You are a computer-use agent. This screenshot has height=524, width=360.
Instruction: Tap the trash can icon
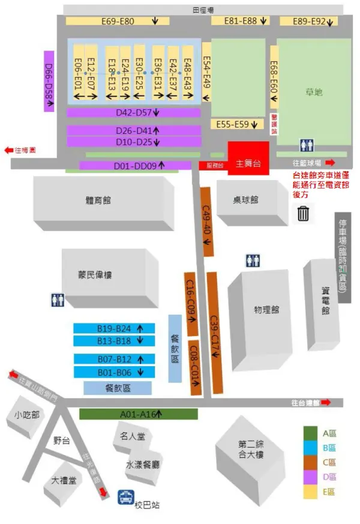[304, 213]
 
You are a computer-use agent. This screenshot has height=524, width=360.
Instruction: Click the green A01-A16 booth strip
[138, 414]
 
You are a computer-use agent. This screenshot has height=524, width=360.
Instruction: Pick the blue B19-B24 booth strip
[114, 328]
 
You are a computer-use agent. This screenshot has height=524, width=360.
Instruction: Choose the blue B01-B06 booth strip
[114, 372]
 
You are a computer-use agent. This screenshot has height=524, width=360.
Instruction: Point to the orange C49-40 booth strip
[207, 222]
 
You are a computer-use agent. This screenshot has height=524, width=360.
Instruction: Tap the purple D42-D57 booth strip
[133, 112]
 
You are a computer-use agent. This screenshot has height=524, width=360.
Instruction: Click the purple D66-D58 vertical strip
[49, 80]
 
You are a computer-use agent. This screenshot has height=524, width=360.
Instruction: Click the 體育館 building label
[98, 200]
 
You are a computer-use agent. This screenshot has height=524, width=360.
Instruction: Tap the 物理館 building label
[266, 310]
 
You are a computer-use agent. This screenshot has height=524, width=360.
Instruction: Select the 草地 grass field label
[314, 92]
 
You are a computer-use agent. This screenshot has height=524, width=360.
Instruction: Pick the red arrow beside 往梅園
[9, 150]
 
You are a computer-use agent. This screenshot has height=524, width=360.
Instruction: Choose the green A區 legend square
[310, 433]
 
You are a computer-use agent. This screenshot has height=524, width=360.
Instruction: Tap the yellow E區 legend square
[310, 492]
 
